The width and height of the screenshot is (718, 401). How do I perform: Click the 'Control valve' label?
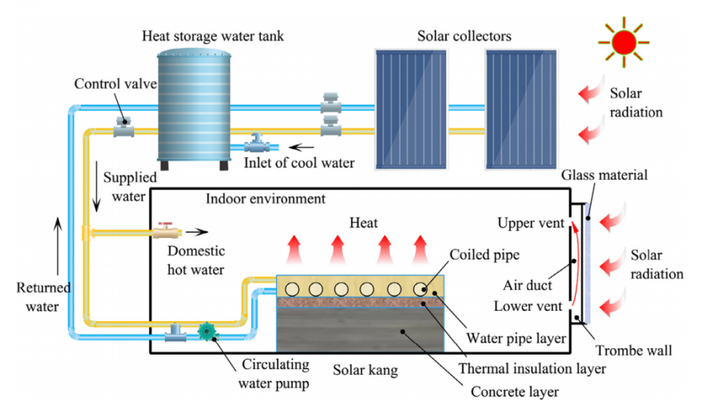point(105,84)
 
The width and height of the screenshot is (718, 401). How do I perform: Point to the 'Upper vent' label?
point(529,222)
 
